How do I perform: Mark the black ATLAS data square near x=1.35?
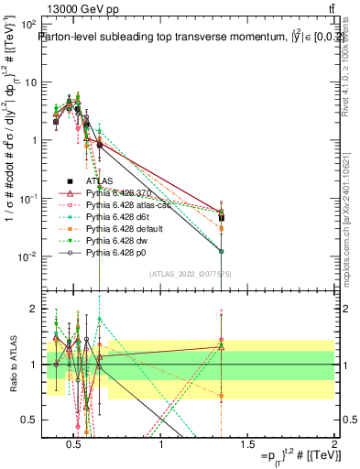222,218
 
